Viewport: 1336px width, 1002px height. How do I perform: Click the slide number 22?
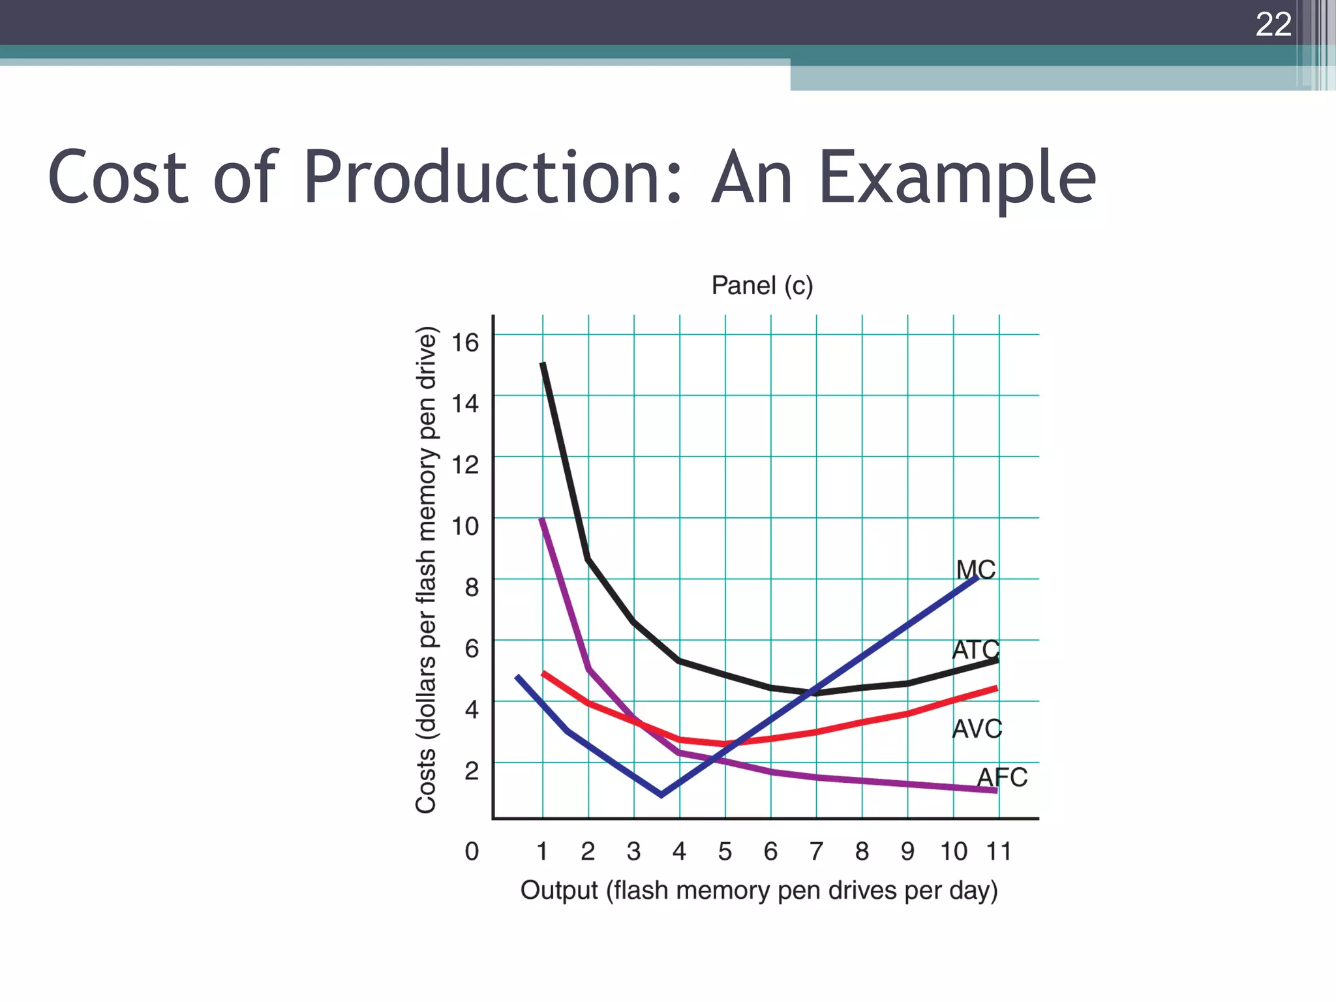(x=1273, y=25)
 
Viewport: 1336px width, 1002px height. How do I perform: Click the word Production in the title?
(x=493, y=177)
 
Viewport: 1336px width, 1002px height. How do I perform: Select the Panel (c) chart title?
(x=762, y=286)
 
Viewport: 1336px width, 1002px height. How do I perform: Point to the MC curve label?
(x=976, y=569)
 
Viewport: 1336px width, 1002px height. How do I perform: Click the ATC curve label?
(x=975, y=650)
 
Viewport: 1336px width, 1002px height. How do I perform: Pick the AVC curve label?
(x=977, y=729)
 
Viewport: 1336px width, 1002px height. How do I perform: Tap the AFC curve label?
(x=1001, y=778)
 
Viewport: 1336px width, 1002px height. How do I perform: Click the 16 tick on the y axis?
(x=466, y=342)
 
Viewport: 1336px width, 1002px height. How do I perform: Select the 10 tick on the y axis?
(x=466, y=526)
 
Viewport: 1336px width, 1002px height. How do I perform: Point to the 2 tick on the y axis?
(x=472, y=770)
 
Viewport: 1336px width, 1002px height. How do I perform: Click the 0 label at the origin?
(x=472, y=851)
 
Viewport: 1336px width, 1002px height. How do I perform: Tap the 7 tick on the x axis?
(x=816, y=851)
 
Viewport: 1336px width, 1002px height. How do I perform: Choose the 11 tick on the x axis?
(x=999, y=851)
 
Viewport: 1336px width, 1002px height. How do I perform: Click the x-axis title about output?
(x=759, y=890)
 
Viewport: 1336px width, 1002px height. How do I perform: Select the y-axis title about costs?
(x=426, y=569)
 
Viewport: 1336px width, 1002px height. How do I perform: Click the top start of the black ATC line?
(x=543, y=364)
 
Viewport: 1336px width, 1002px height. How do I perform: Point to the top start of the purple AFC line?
(x=541, y=519)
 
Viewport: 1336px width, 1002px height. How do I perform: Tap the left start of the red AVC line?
(x=544, y=673)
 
